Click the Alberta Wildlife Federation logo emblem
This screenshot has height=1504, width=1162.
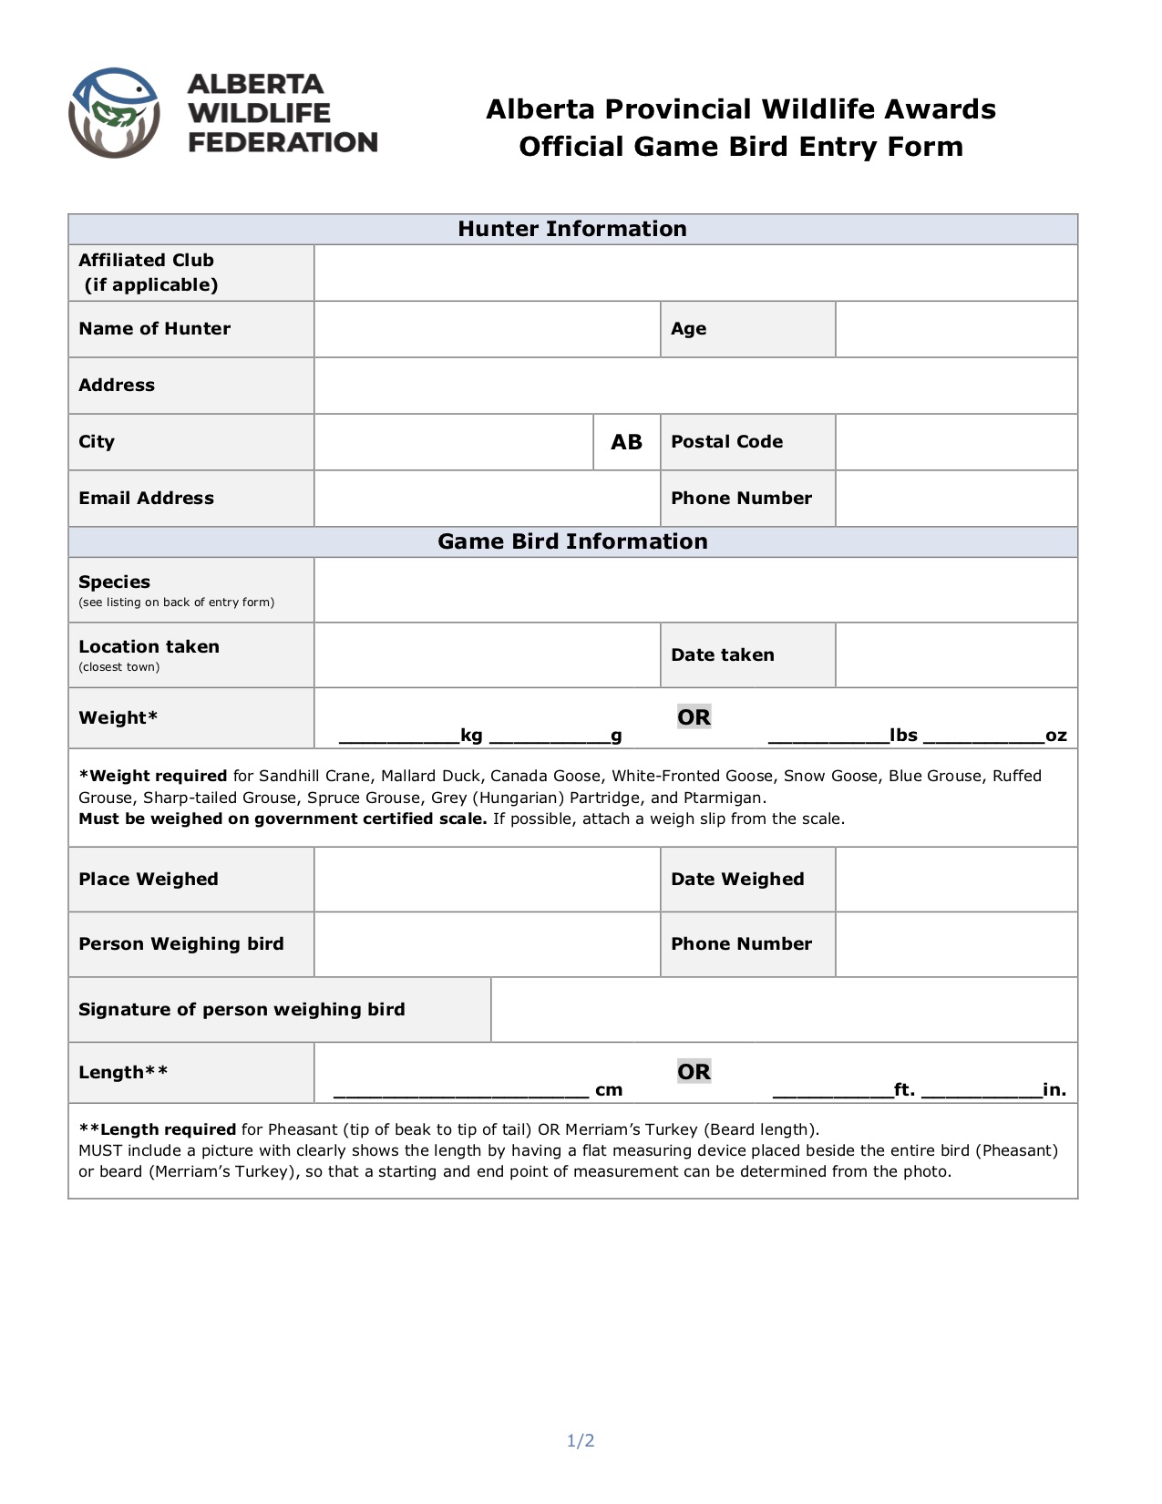[x=115, y=113]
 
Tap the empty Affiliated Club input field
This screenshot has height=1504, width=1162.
[x=695, y=273]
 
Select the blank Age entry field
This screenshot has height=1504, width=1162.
[x=956, y=329]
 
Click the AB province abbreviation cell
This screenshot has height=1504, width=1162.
[x=626, y=442]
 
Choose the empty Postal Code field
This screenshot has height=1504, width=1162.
[x=956, y=442]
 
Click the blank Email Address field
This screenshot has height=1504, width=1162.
[x=487, y=499]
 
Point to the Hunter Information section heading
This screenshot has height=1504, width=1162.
[x=572, y=229]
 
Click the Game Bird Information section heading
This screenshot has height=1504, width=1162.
[x=572, y=541]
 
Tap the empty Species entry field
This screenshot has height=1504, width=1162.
[x=695, y=590]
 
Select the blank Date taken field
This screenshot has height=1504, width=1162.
[x=956, y=654]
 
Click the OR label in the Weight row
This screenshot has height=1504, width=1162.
[x=694, y=717]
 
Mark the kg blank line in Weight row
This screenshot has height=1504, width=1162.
[x=399, y=737]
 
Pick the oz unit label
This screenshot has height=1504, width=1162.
[x=1056, y=736]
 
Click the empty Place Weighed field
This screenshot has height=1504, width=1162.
[x=487, y=880]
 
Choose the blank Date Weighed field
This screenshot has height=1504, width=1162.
[x=956, y=880]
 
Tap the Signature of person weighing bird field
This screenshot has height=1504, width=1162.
[x=784, y=1009]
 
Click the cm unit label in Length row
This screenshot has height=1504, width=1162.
[x=609, y=1090]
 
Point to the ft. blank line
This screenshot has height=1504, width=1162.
[x=832, y=1091]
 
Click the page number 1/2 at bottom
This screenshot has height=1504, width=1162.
[x=581, y=1441]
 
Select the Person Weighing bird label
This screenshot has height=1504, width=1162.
[x=181, y=944]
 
